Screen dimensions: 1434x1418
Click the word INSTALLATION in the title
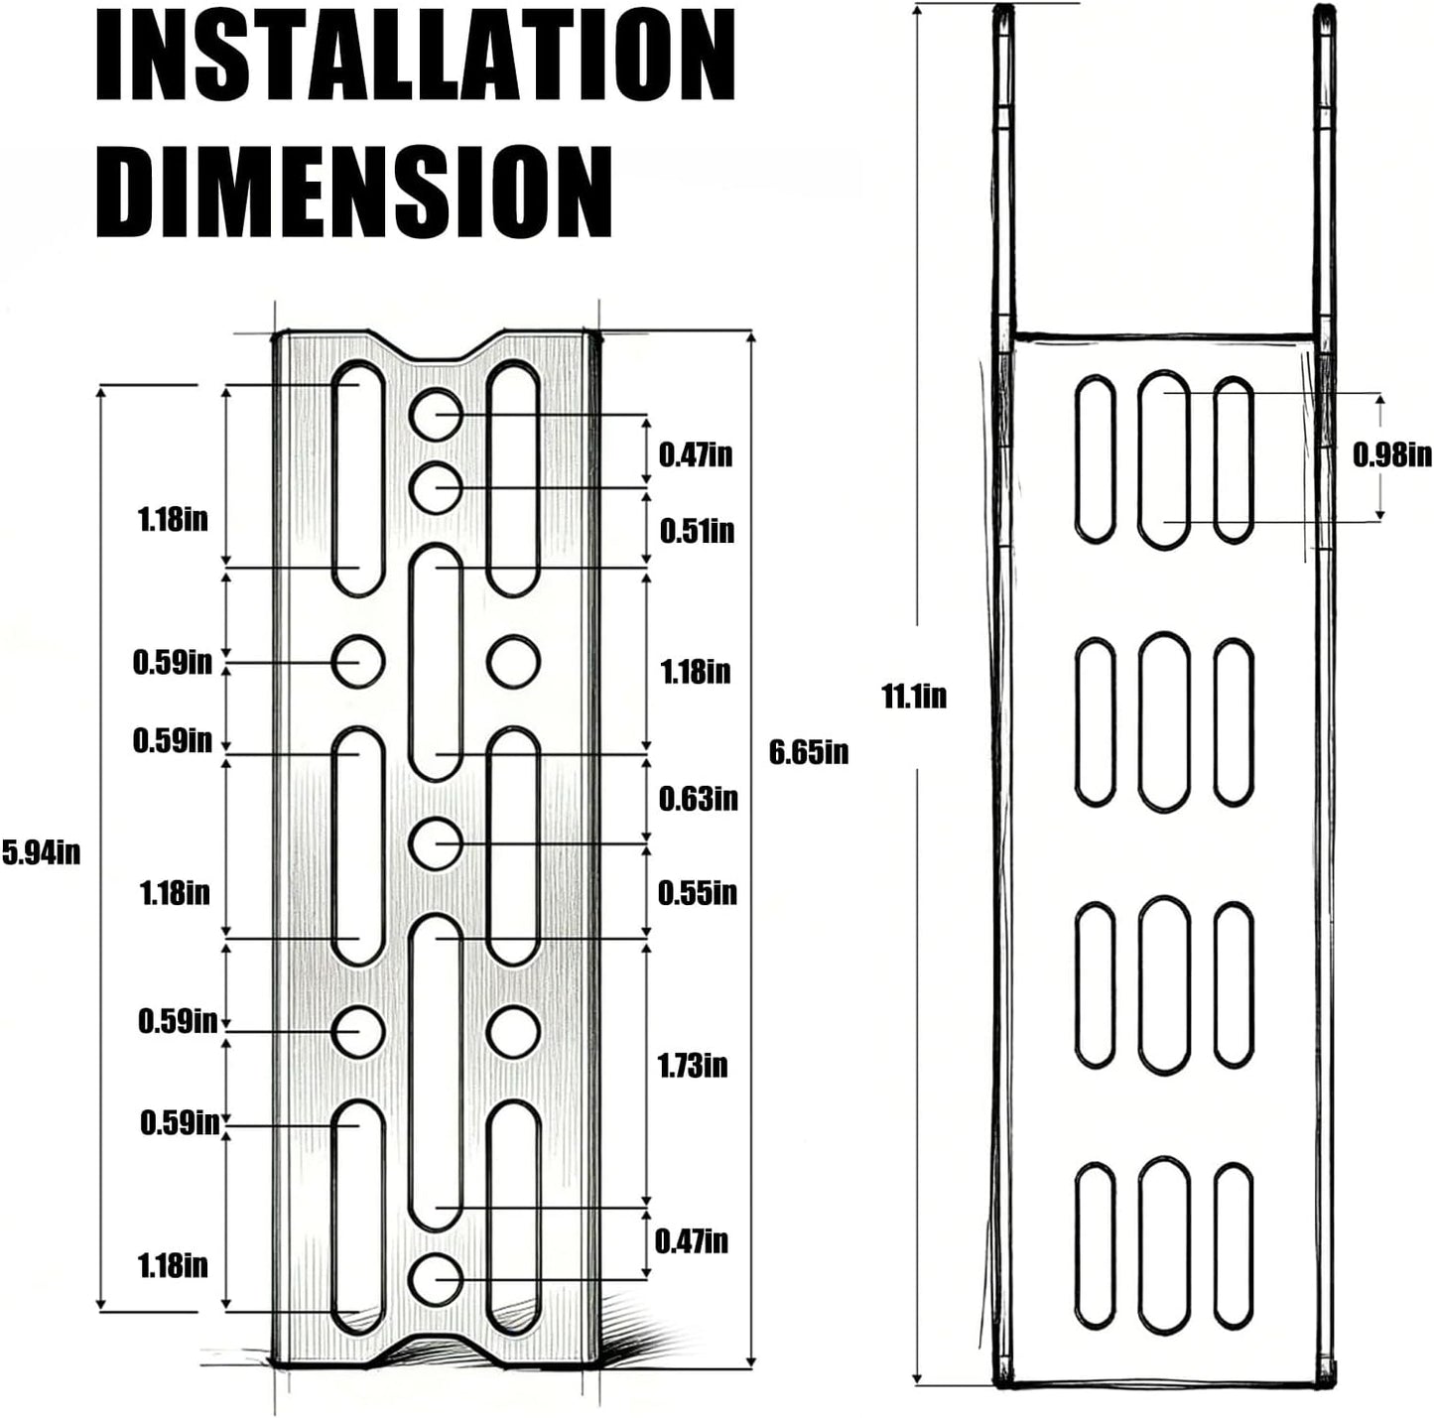coord(415,56)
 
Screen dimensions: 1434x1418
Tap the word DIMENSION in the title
coord(354,191)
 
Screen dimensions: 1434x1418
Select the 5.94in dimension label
coord(41,852)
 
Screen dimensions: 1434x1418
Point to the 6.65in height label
coord(808,752)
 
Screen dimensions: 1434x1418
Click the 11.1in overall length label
coord(914,696)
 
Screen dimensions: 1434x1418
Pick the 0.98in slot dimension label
coord(1391,454)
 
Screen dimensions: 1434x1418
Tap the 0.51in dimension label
coord(697,531)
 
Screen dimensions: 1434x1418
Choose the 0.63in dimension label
coord(698,799)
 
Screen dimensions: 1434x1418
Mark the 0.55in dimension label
coord(698,892)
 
